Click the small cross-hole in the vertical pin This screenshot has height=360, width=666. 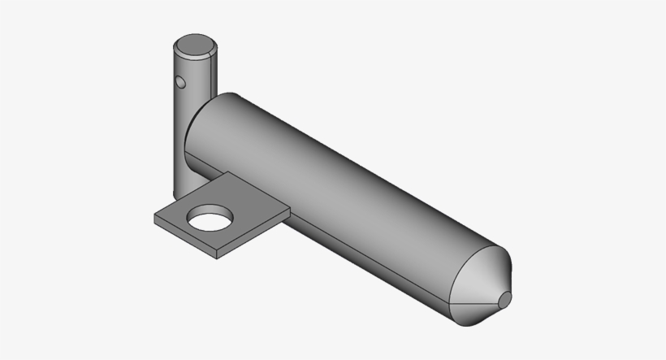tap(179, 81)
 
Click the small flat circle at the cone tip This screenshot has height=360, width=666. tap(504, 301)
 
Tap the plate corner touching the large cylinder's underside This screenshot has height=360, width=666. tap(289, 209)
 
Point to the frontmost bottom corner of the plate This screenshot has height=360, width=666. tap(218, 259)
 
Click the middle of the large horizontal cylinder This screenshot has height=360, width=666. tap(341, 187)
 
